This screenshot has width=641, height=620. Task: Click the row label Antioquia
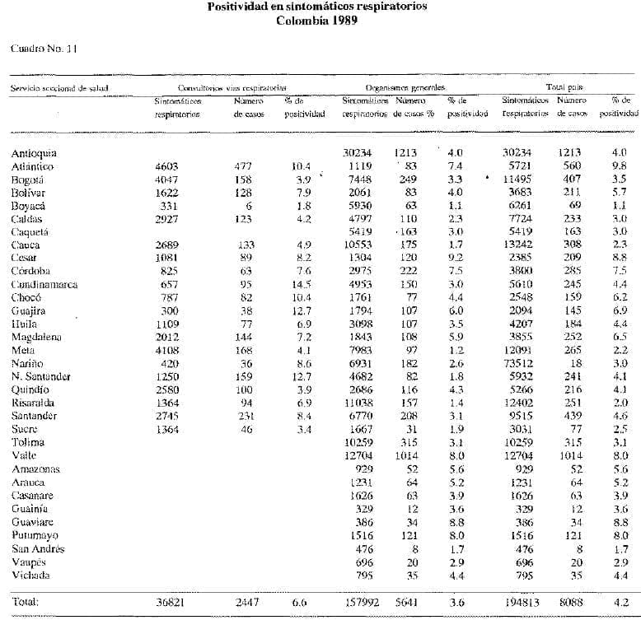tap(34, 152)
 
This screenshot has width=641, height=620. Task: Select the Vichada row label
tap(30, 575)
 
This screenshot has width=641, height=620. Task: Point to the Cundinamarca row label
tap(44, 284)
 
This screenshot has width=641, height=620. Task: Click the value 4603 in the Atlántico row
tap(167, 165)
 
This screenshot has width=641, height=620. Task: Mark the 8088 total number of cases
tap(570, 602)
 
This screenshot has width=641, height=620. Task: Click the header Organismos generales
tap(405, 86)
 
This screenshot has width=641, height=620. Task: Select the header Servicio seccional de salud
tap(59, 86)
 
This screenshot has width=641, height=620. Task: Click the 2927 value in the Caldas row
tap(167, 218)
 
